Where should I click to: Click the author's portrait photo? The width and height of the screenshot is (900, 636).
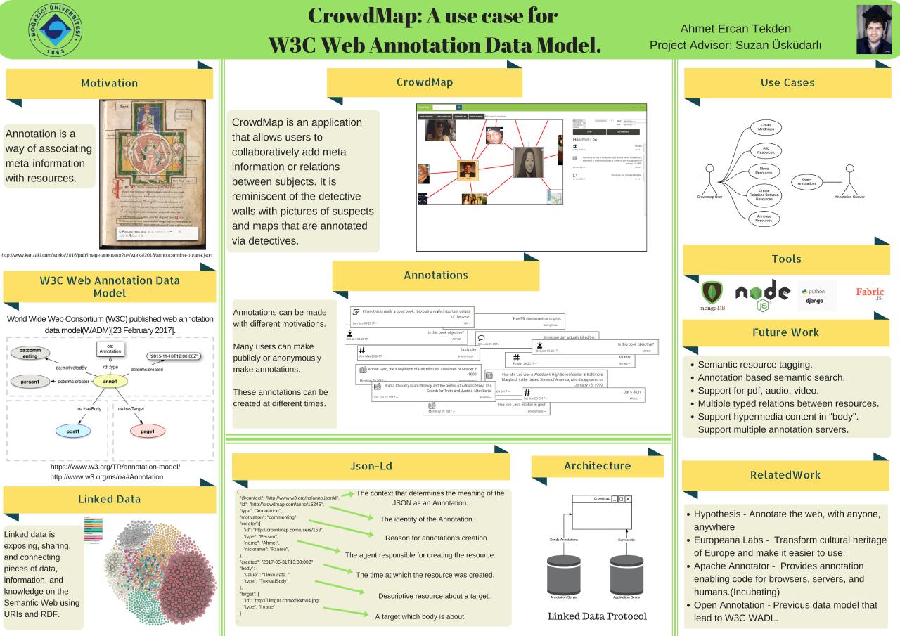[873, 30]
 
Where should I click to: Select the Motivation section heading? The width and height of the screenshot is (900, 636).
[109, 83]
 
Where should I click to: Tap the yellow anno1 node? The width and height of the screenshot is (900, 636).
[109, 381]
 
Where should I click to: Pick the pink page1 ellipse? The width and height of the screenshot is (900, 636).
[148, 431]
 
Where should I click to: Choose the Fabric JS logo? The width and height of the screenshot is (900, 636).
[870, 294]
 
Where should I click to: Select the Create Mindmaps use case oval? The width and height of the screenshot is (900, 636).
[765, 127]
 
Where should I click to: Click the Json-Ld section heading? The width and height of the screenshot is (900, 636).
[371, 465]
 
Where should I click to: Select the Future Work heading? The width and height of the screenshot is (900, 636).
[785, 332]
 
